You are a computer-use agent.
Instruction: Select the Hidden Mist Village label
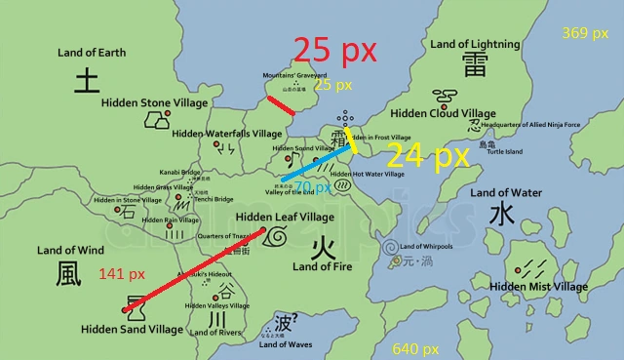pos(538,287)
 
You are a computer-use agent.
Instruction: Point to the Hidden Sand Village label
pos(133,330)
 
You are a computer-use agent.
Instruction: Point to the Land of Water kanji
pos(501,214)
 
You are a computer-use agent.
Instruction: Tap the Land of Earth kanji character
pos(89,79)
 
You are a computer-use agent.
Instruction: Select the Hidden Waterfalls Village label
pos(227,134)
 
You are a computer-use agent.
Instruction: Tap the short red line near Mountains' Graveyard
pos(281,105)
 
